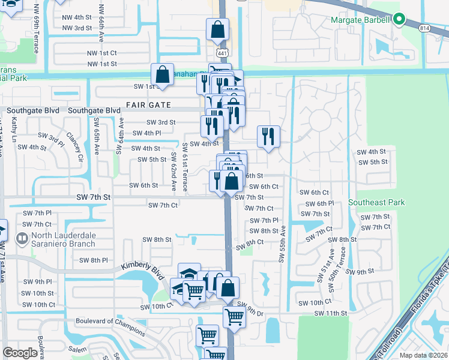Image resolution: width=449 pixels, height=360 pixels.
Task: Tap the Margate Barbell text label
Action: (361, 20)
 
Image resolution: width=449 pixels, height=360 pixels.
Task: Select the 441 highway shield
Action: (222, 52)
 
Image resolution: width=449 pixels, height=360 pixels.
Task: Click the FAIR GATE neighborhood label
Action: (148, 105)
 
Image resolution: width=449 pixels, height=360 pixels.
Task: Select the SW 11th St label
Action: (330, 313)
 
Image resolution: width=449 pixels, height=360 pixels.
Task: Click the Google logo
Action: (20, 353)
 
